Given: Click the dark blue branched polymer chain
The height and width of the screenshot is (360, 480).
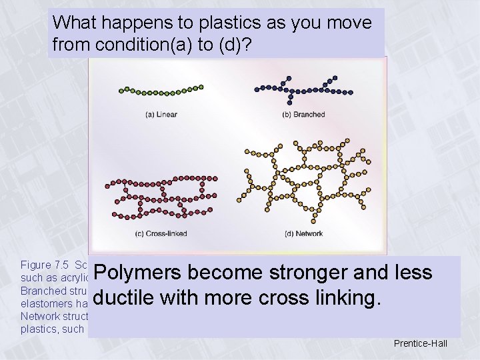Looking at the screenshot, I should (x=303, y=90).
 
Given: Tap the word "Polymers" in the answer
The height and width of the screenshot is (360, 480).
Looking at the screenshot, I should (x=139, y=273).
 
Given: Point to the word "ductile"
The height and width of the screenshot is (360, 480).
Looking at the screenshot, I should (x=127, y=299).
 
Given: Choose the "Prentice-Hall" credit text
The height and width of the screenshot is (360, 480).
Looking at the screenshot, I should (x=421, y=344).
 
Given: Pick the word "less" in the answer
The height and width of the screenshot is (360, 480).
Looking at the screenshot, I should (x=413, y=273).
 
